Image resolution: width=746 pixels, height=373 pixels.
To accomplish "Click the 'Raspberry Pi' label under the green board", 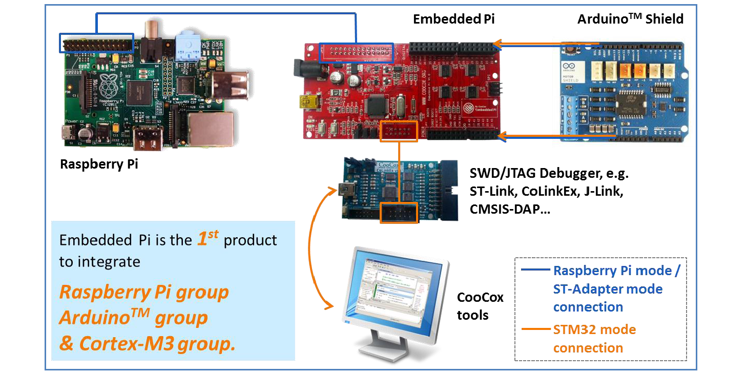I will [x=99, y=164].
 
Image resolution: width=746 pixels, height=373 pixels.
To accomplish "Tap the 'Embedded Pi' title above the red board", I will [x=454, y=19].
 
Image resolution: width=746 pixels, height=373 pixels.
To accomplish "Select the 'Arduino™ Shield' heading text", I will [x=630, y=19].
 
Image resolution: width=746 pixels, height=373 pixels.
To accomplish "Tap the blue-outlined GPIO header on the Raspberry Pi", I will [x=97, y=43].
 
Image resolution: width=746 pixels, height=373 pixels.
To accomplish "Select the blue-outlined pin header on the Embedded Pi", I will [x=357, y=53].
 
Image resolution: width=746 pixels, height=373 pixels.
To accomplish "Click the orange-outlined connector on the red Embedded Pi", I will [x=398, y=131].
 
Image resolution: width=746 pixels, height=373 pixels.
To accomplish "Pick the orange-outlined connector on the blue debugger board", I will [x=399, y=212].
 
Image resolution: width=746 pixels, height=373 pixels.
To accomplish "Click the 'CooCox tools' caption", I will [x=480, y=306].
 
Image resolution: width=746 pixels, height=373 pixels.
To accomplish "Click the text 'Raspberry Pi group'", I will [x=144, y=292].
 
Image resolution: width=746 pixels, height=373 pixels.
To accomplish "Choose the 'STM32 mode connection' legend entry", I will [x=594, y=338].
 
